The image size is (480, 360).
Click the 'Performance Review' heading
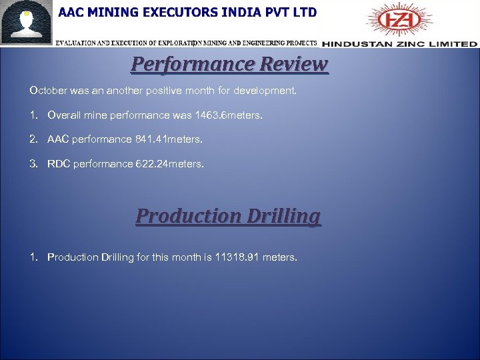click(229, 65)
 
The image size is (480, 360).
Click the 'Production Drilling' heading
click(228, 217)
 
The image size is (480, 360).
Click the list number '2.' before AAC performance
click(33, 139)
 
